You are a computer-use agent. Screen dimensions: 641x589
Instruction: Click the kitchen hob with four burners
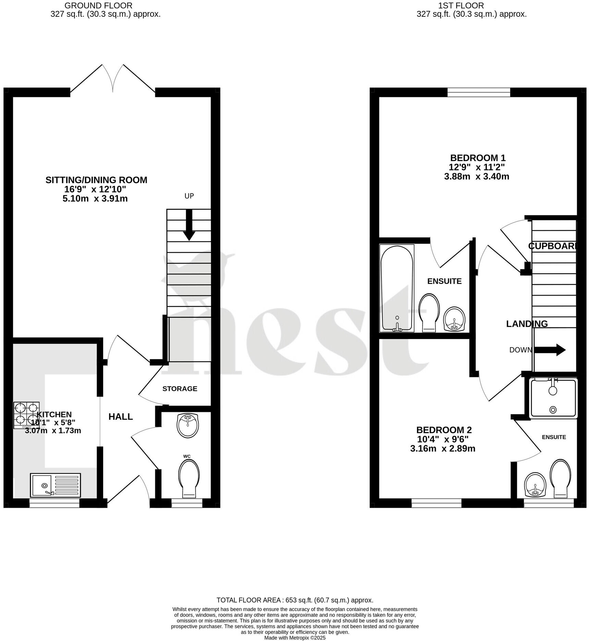[x=26, y=415]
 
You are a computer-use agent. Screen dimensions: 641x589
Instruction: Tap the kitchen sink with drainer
[x=55, y=485]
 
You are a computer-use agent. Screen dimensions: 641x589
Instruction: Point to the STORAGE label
[x=180, y=389]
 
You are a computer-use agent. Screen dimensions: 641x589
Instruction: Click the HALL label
[x=121, y=417]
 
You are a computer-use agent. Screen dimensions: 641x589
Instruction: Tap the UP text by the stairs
[x=189, y=196]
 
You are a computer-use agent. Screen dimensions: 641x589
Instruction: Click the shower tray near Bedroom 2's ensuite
[x=553, y=398]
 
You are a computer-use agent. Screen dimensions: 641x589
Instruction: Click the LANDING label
[x=527, y=324]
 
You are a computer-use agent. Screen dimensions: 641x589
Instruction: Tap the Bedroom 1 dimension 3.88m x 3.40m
[x=476, y=176]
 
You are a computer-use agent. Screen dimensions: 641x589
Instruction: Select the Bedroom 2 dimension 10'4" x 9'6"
[x=442, y=439]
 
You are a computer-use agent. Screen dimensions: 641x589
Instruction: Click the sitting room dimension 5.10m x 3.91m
[x=95, y=199]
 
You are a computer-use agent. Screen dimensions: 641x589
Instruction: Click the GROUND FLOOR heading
[x=98, y=5]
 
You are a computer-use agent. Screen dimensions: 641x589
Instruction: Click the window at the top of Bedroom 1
[x=478, y=92]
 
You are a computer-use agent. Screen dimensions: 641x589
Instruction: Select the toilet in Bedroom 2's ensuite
[x=560, y=478]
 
